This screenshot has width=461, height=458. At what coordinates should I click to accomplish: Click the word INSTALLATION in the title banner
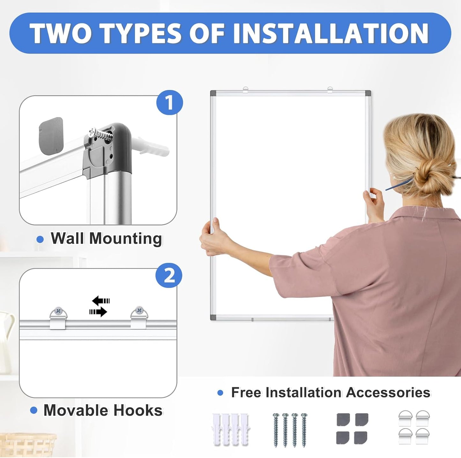tap(331, 33)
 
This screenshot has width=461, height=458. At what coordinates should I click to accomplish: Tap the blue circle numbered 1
tap(169, 103)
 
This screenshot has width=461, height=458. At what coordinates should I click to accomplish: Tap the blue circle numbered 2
tap(169, 275)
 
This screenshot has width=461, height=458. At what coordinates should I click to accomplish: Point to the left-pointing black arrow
tap(100, 301)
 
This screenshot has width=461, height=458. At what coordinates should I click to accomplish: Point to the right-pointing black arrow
tap(98, 312)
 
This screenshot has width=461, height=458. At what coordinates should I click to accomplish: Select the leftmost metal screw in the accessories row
tap(276, 430)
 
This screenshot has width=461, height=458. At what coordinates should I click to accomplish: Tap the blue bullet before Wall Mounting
tap(40, 239)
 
